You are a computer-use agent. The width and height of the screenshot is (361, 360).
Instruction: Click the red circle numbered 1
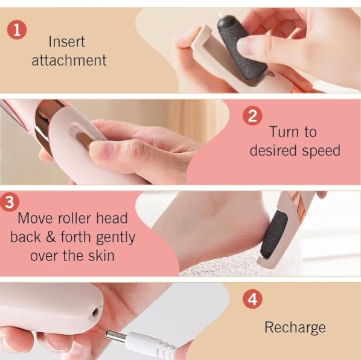coord(16,30)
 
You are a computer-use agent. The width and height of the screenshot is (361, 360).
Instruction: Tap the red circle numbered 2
coord(252,115)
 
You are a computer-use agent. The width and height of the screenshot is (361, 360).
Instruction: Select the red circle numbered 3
coord(9,202)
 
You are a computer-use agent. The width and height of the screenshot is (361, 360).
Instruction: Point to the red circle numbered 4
coord(252,299)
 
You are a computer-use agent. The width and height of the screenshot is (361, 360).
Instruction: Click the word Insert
coord(67,42)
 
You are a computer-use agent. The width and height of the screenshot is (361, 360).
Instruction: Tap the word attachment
coord(69,60)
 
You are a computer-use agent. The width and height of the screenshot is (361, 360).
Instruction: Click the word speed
coord(321,152)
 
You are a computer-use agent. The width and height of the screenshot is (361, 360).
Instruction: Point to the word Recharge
coord(295,328)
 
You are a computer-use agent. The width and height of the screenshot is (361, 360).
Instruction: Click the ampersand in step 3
coord(51,237)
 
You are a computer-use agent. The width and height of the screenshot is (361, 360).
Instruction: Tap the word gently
coord(115,238)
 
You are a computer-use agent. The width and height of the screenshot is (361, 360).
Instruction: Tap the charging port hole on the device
coord(95,313)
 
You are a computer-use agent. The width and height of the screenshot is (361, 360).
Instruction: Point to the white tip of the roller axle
coord(222,16)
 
